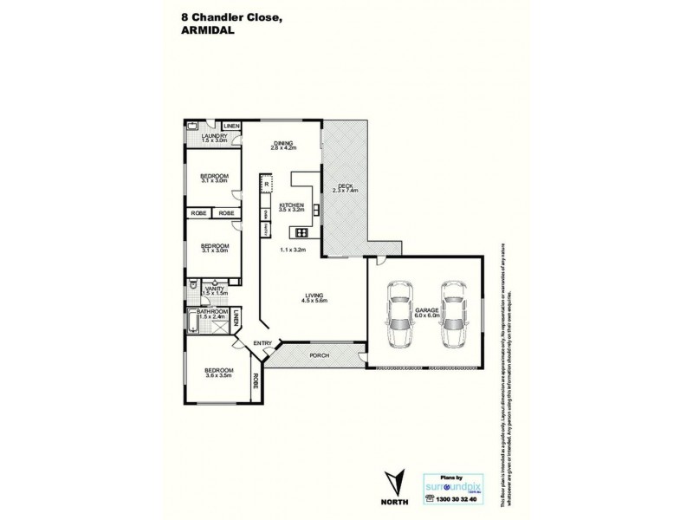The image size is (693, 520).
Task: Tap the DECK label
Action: coord(345,185)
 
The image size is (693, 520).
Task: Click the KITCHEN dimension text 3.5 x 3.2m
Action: coord(292,210)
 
